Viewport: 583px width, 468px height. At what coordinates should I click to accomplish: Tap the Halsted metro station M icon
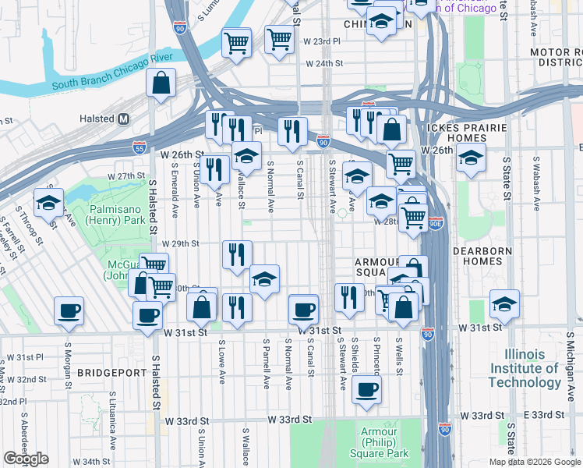pyautogui.click(x=123, y=119)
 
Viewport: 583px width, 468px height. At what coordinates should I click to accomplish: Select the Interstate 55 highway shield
pyautogui.click(x=138, y=147)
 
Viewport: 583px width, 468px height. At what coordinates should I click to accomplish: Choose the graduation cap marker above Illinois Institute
pyautogui.click(x=504, y=304)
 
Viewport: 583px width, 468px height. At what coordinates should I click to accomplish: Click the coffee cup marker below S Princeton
pyautogui.click(x=366, y=390)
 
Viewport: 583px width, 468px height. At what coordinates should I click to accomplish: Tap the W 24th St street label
pyautogui.click(x=324, y=64)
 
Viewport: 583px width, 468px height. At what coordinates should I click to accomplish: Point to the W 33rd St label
pyautogui.click(x=289, y=419)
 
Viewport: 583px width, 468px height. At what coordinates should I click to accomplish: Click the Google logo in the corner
pyautogui.click(x=26, y=459)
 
